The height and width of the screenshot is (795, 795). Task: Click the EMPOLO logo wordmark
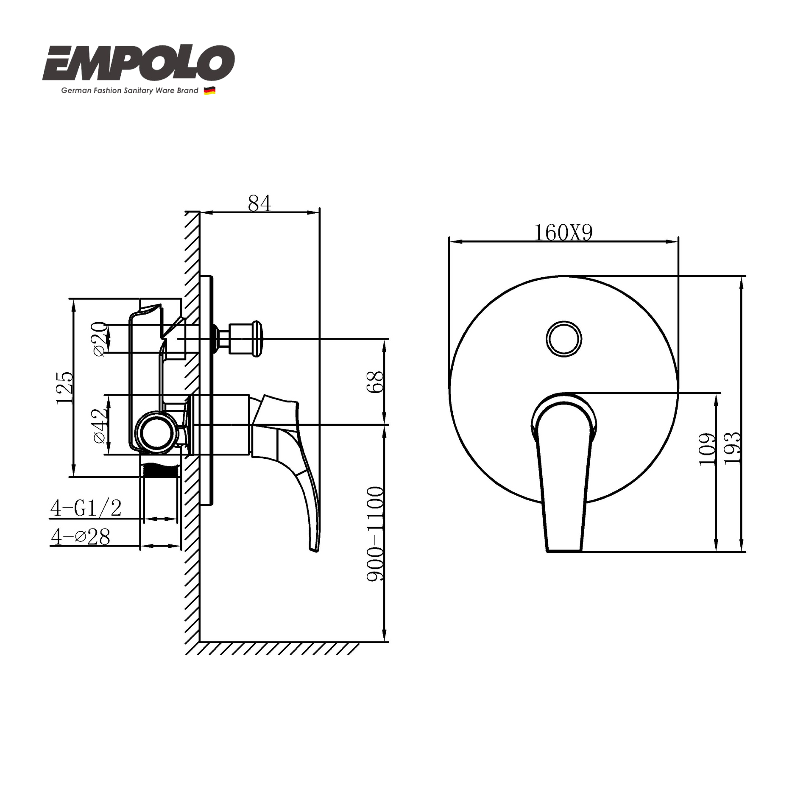pos(138,63)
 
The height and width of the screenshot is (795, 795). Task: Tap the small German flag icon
pos(209,90)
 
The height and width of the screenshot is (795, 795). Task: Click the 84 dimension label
pos(259,204)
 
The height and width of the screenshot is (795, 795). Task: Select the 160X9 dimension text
pos(563,232)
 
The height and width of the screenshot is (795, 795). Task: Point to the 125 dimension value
pos(65,388)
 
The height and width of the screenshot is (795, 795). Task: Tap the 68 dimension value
pos(376,382)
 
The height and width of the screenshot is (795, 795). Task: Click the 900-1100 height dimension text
pos(376,533)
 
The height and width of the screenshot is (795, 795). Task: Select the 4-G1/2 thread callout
pos(86,508)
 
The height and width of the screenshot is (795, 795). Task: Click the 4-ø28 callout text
pos(81,537)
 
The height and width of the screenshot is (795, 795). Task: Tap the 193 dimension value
pos(732,448)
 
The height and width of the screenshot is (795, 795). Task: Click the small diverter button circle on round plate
pos(563,339)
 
